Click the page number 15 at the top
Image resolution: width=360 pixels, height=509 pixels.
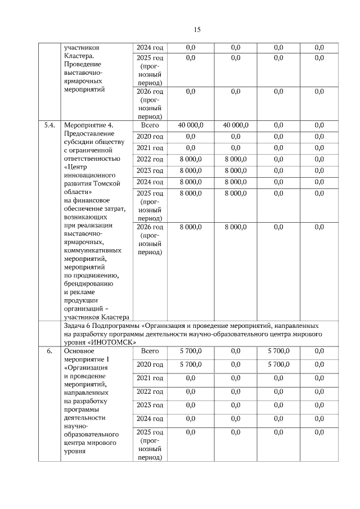[197, 30]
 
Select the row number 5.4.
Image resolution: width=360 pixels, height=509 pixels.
[49, 125]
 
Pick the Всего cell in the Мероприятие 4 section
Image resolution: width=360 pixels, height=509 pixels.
[149, 125]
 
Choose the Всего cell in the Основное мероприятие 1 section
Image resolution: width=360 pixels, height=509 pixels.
[149, 351]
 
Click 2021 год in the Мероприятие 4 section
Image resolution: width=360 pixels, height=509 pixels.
[150, 148]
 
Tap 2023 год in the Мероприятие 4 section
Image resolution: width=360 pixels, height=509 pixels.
[150, 170]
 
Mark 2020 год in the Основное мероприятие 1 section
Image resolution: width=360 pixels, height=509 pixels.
[150, 364]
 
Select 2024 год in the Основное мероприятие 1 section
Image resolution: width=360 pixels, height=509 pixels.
[150, 419]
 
